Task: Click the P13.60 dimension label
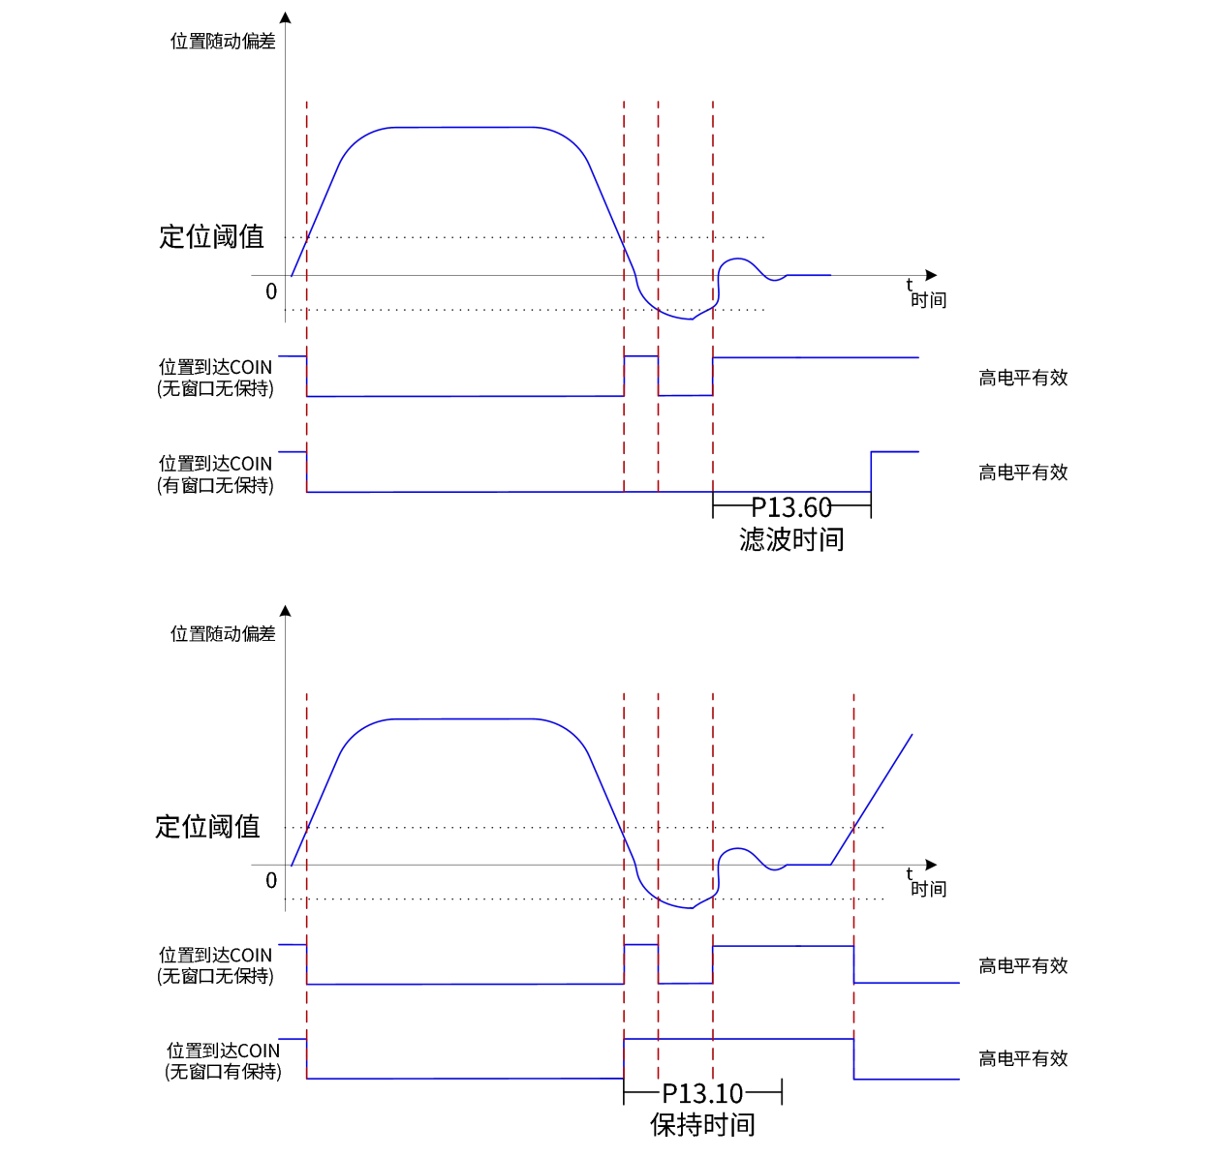[791, 507]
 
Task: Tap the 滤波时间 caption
[791, 539]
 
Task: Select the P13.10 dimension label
[702, 1094]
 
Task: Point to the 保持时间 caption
[702, 1125]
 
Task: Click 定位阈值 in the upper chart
[211, 236]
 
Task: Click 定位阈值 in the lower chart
[207, 826]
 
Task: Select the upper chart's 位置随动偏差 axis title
[223, 41]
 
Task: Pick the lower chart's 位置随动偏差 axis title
[223, 633]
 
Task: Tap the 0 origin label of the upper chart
[271, 291]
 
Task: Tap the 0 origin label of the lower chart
[271, 880]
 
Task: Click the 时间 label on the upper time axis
[928, 300]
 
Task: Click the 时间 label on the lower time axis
[928, 889]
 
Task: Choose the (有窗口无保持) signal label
[215, 485]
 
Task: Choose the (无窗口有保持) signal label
[223, 1072]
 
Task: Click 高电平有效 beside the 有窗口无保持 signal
[1023, 472]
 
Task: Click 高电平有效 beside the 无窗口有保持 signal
[1023, 1058]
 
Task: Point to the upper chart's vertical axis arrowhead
[285, 17]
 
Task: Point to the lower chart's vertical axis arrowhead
[285, 611]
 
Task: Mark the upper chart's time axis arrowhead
[932, 276]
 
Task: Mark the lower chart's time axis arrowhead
[932, 865]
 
